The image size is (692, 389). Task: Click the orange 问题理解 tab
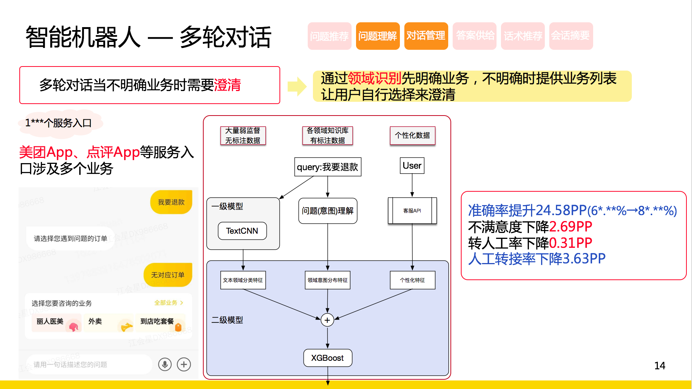pyautogui.click(x=378, y=36)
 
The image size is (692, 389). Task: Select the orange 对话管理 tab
pyautogui.click(x=426, y=36)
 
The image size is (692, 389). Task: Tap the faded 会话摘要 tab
pyautogui.click(x=571, y=36)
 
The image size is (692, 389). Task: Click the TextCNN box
pyautogui.click(x=242, y=231)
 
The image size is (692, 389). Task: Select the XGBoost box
pyautogui.click(x=327, y=358)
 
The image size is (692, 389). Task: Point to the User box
pyautogui.click(x=412, y=166)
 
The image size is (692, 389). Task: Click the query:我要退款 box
pyautogui.click(x=327, y=167)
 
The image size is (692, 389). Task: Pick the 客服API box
pyautogui.click(x=412, y=211)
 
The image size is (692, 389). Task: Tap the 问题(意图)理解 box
pyautogui.click(x=327, y=211)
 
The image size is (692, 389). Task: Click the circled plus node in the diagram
pyautogui.click(x=327, y=320)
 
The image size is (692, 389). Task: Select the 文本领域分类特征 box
pyautogui.click(x=243, y=280)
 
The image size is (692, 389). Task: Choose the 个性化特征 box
pyautogui.click(x=412, y=280)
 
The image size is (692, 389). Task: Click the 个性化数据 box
pyautogui.click(x=412, y=135)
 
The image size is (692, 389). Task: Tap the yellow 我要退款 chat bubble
pyautogui.click(x=171, y=202)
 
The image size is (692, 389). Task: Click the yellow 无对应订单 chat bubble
pyautogui.click(x=168, y=275)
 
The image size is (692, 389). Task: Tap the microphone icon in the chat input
pyautogui.click(x=165, y=364)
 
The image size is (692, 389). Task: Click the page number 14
pyautogui.click(x=660, y=366)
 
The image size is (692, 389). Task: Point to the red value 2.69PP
pyautogui.click(x=570, y=226)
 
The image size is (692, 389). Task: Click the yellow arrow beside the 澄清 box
pyautogui.click(x=297, y=86)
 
